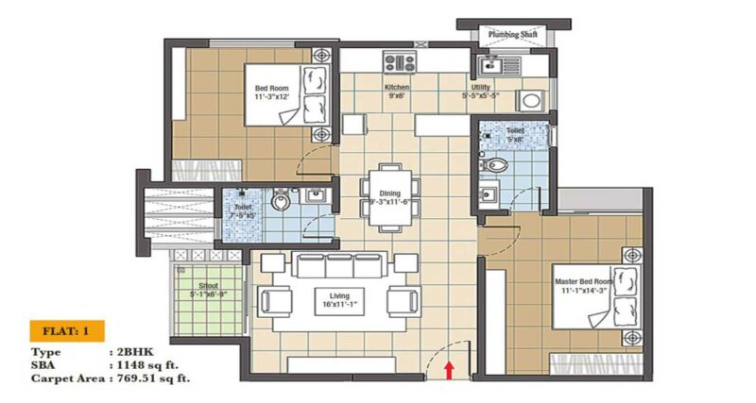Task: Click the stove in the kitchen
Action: (x=399, y=63)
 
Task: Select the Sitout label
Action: (x=210, y=289)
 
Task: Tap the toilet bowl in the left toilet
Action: (x=281, y=200)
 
